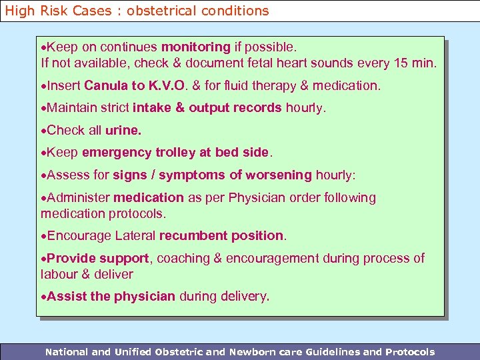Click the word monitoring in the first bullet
(195, 47)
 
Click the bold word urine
(123, 130)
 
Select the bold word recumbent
(193, 236)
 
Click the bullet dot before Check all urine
(44, 131)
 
